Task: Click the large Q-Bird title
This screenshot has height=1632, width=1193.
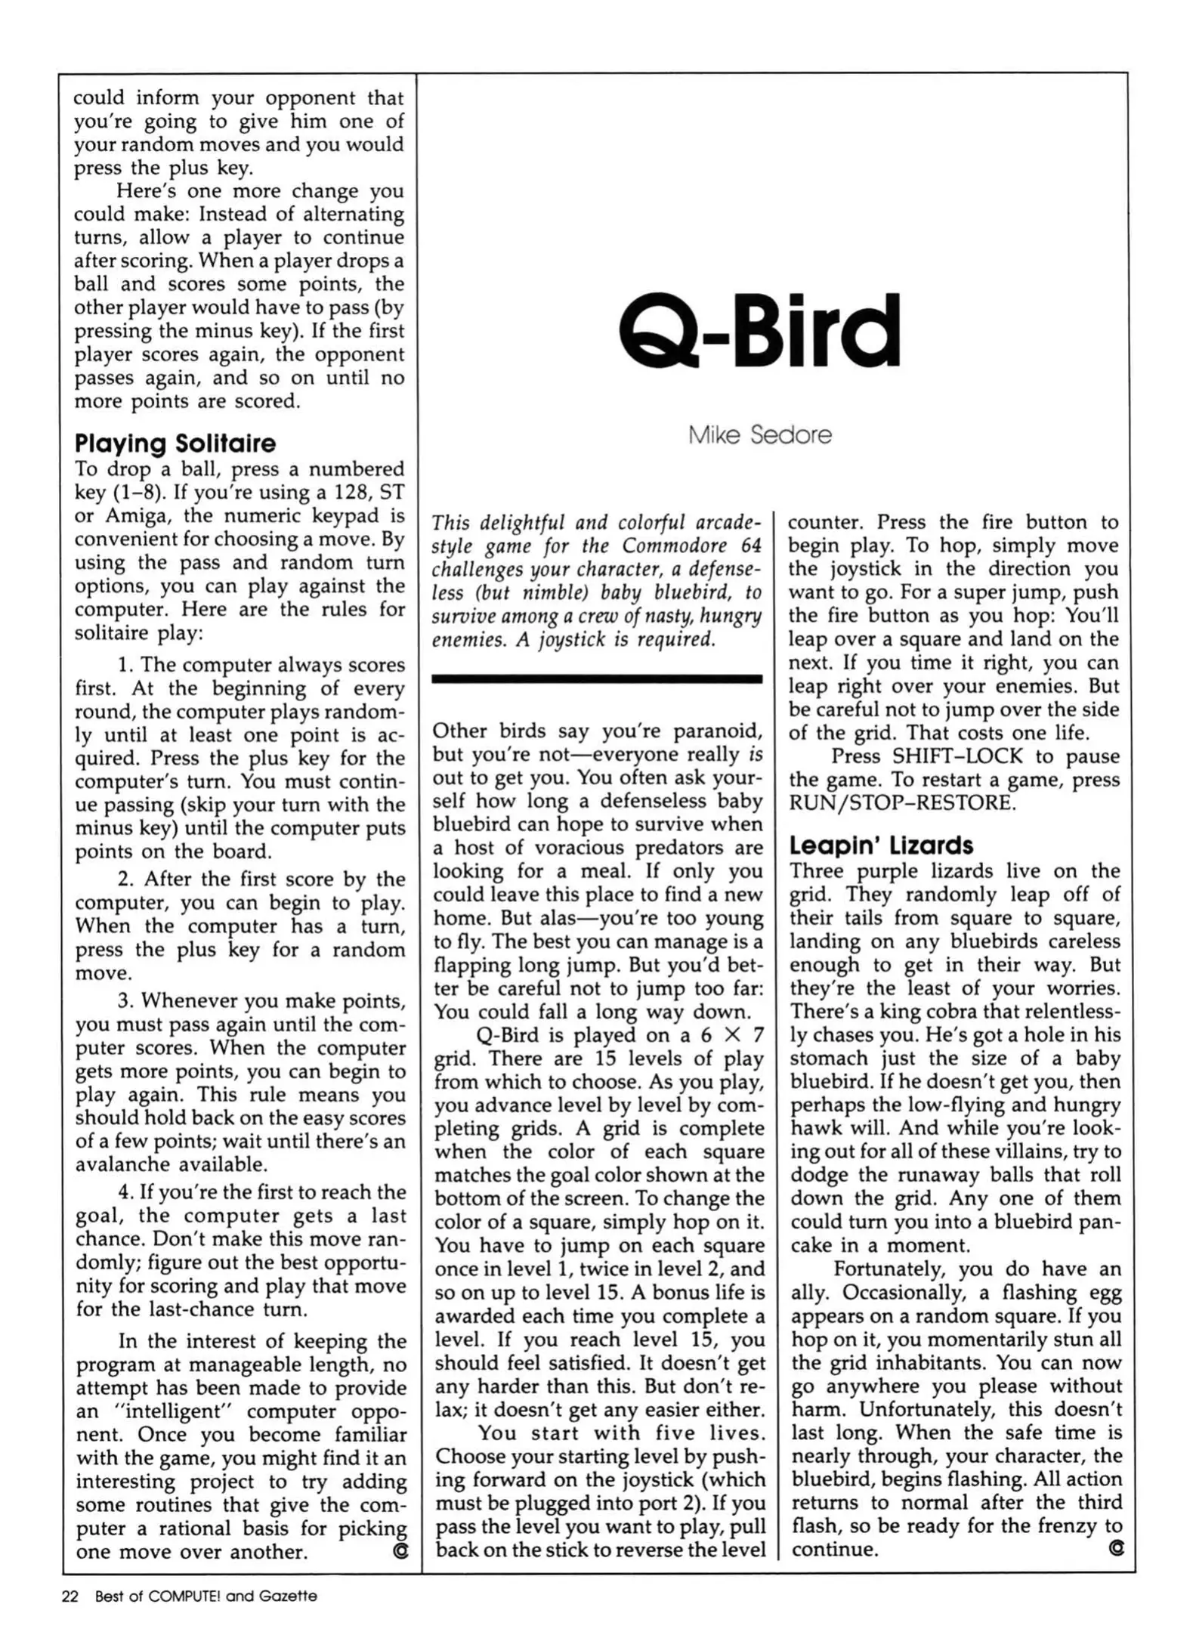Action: (759, 330)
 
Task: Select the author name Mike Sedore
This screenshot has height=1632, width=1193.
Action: (759, 435)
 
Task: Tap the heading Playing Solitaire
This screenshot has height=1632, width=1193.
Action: (175, 443)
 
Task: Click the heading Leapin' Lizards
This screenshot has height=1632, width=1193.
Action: (881, 845)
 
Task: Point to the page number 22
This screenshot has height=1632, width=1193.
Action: (70, 1596)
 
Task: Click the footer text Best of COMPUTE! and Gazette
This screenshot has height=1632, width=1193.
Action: (206, 1596)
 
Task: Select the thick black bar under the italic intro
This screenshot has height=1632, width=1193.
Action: (596, 679)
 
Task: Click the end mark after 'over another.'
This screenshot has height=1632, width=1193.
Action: (400, 1551)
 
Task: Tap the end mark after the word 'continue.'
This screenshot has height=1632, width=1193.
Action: (1115, 1549)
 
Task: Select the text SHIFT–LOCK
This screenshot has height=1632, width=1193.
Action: (957, 756)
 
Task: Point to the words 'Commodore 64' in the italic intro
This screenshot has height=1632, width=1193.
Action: (692, 546)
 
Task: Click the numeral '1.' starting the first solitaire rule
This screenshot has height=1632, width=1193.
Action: (125, 665)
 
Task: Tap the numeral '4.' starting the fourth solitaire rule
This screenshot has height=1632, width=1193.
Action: (125, 1192)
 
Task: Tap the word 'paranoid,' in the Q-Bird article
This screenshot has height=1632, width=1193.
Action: (718, 731)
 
